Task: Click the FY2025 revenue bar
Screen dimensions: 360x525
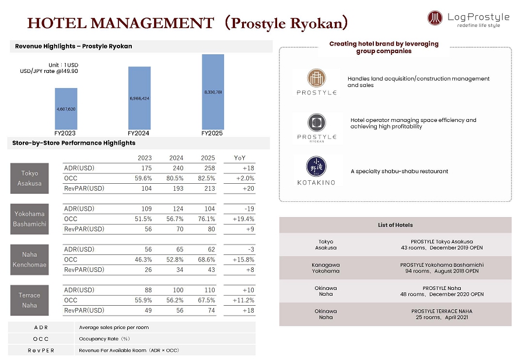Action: coord(213,92)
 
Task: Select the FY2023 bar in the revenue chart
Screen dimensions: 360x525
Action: coord(66,109)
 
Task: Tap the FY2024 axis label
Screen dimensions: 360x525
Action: coord(139,134)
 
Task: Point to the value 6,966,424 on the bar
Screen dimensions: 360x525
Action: coord(139,99)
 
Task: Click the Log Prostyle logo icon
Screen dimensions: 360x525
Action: coord(435,18)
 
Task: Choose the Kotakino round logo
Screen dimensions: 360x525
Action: coord(316,165)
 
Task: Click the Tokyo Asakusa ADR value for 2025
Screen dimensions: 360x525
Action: coord(208,168)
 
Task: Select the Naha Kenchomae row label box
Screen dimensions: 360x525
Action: coord(30,260)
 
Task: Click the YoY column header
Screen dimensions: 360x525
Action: coord(240,158)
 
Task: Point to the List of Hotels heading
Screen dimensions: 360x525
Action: coord(395,225)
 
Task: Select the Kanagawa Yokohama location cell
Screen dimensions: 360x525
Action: coord(325,268)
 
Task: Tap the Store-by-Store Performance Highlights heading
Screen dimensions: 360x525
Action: coord(73,143)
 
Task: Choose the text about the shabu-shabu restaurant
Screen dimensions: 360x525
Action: coord(399,172)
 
